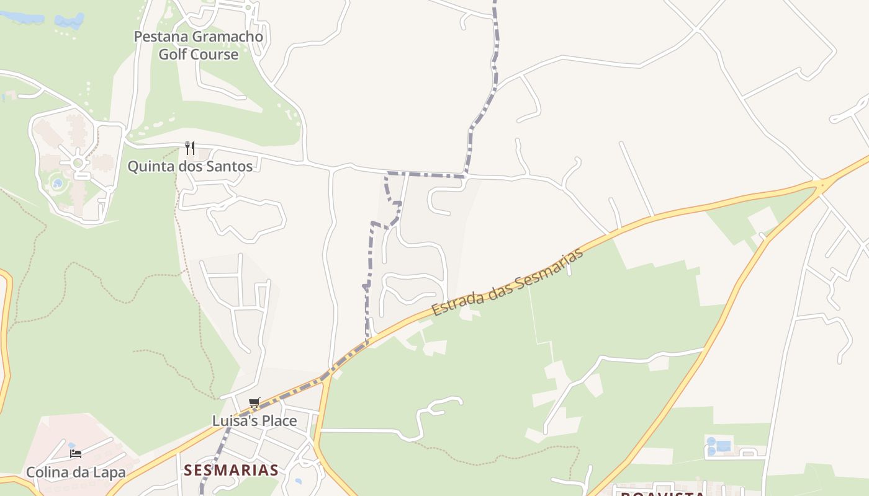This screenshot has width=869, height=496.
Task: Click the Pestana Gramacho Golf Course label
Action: click(x=199, y=45)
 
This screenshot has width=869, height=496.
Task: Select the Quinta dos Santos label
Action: click(x=190, y=166)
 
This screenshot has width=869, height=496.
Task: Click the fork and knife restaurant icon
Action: click(x=190, y=148)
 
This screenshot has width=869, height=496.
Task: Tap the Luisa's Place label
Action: click(x=254, y=420)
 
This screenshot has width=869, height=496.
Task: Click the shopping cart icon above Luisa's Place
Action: click(x=254, y=403)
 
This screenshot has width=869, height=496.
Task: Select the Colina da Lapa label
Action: click(x=76, y=472)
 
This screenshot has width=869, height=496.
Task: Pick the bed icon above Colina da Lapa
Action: click(x=76, y=454)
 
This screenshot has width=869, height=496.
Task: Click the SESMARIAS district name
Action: click(x=231, y=470)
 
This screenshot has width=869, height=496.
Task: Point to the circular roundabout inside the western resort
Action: click(x=78, y=163)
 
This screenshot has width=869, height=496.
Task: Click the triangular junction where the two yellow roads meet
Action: click(x=822, y=184)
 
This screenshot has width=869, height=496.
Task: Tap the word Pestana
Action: click(x=161, y=37)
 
